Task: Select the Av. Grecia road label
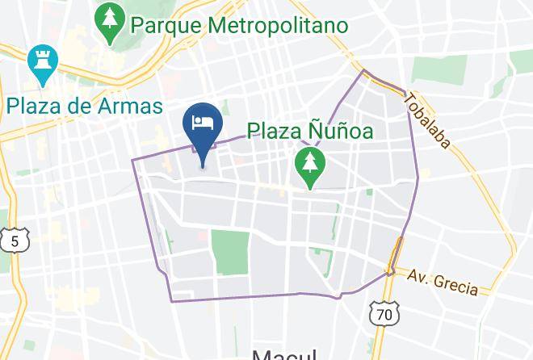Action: pyautogui.click(x=443, y=280)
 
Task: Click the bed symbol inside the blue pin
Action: pyautogui.click(x=203, y=123)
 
